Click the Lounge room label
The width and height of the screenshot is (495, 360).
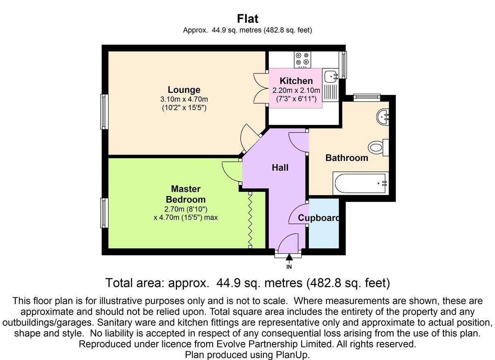pos(184,90)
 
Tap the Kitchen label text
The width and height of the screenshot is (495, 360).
pos(296,81)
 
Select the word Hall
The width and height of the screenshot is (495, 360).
pos(280,167)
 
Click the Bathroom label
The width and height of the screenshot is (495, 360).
pos(347,158)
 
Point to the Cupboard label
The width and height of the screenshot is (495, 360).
pos(318,218)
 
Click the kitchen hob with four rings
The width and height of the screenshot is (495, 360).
pos(302,60)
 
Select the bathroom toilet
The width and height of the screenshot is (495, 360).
pos(378,147)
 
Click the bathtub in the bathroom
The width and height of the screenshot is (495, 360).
pos(361,183)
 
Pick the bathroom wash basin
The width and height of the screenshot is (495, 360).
pos(383,117)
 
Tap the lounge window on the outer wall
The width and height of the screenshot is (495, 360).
pos(104,112)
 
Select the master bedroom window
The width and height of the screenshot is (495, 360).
pos(104,213)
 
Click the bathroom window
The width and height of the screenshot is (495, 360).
pos(367,98)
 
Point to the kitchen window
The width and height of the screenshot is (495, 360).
pos(343,65)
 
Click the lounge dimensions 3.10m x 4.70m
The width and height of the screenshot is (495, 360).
pos(184,99)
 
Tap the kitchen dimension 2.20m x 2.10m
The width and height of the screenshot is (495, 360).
pos(296,90)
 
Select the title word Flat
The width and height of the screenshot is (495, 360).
pos(248,19)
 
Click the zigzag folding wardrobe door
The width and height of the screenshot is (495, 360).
pos(250,220)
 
